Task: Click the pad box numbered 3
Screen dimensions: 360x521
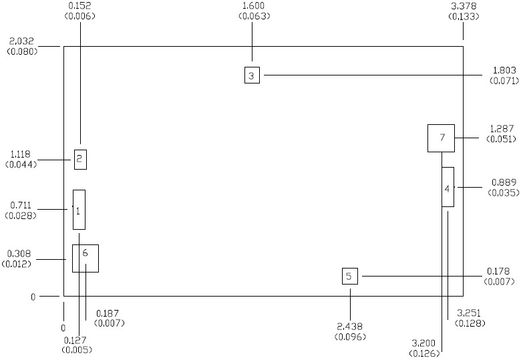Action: pos(251,75)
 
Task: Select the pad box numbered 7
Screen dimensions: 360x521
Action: pos(441,138)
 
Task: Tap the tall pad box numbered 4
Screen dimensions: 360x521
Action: pos(448,187)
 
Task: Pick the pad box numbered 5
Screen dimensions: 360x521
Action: pos(350,276)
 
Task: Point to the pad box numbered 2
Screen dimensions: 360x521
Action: pos(79,159)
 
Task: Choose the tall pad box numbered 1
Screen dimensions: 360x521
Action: pos(79,210)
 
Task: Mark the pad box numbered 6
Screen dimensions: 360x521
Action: pos(85,258)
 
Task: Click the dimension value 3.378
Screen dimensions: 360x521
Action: pos(464,6)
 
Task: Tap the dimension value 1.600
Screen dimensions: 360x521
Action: pos(252,6)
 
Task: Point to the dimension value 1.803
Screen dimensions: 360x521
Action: pos(503,70)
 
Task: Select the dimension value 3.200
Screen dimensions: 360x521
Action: pos(425,343)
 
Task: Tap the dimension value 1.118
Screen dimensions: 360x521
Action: pos(21,154)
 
